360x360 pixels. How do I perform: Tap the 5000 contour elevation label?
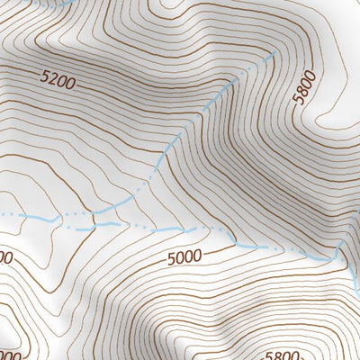pos(184,258)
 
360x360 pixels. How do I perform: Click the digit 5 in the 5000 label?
pos(170,261)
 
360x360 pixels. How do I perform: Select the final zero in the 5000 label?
pos(197,256)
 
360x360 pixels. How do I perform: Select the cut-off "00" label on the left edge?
pos(4,257)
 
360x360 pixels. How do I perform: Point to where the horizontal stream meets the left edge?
pos(2,214)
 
